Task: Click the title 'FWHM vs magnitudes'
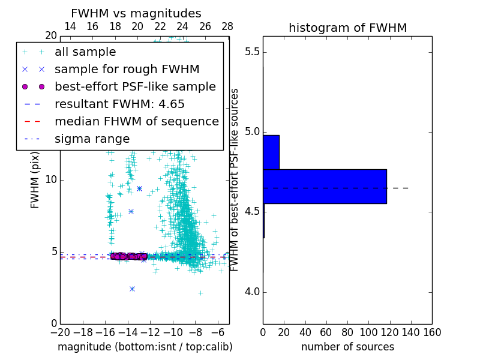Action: point(136,13)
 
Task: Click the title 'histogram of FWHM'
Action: point(347,28)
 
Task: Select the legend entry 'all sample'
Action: point(85,52)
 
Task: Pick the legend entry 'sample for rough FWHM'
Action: point(127,70)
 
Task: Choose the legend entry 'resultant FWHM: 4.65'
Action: point(119,104)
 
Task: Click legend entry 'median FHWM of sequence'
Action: point(136,122)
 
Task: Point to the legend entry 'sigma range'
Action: point(92,139)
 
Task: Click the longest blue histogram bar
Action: point(325,187)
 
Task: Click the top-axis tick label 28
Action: point(227,26)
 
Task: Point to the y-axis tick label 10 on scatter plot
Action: point(50,180)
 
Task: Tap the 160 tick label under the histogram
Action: point(432,333)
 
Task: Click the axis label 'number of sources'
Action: point(347,347)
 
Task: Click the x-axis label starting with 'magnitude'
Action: point(145,347)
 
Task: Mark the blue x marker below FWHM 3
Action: point(132,289)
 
